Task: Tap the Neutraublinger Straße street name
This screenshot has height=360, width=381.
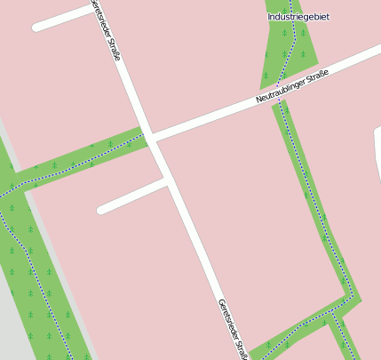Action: (x=292, y=86)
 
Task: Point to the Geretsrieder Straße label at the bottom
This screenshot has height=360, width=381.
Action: (x=230, y=328)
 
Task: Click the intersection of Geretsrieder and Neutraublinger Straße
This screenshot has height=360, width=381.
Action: (x=150, y=137)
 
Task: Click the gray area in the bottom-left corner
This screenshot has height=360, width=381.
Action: (x=13, y=329)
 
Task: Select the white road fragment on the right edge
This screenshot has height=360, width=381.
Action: (x=377, y=147)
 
